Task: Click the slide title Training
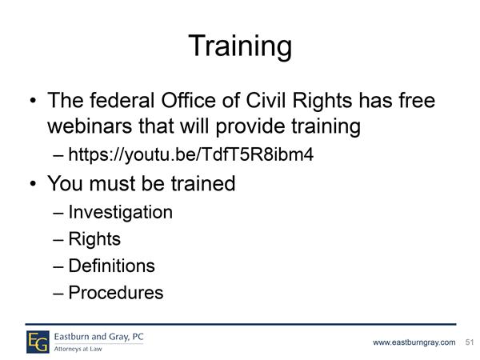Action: click(x=240, y=47)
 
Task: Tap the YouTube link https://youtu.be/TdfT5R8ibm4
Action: click(x=191, y=154)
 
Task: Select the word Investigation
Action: click(x=121, y=213)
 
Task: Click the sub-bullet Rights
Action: click(x=94, y=239)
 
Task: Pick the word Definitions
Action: click(x=112, y=266)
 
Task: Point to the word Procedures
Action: click(x=116, y=293)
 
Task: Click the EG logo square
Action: click(x=38, y=342)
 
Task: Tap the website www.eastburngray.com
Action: click(x=414, y=342)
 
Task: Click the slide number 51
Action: click(x=470, y=342)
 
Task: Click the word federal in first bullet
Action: click(x=122, y=100)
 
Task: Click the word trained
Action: click(x=203, y=184)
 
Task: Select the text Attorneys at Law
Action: click(x=78, y=349)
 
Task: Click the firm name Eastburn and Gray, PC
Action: click(x=99, y=337)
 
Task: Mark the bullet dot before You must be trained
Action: click(x=33, y=184)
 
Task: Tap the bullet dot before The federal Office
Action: click(x=33, y=101)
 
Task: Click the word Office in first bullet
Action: click(x=189, y=100)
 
